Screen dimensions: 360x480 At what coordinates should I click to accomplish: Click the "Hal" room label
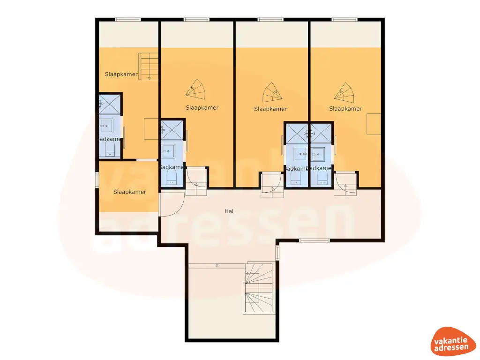[x=229, y=211]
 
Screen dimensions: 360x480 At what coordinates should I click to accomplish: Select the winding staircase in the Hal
[x=257, y=293]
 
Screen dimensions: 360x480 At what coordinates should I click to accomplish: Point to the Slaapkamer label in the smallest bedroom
[x=129, y=192]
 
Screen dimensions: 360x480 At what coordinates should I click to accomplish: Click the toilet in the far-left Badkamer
[x=110, y=150]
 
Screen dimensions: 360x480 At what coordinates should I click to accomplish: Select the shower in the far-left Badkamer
[x=109, y=105]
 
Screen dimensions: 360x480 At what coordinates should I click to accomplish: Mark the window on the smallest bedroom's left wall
[x=97, y=180]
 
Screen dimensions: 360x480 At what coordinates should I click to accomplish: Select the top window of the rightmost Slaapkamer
[x=345, y=19]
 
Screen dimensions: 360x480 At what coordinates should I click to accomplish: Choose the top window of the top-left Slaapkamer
[x=128, y=19]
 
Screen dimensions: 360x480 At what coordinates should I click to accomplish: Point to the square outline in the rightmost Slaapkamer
[x=374, y=124]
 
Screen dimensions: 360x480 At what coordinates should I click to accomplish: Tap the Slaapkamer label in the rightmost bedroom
[x=345, y=109]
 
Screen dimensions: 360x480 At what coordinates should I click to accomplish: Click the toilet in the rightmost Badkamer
[x=322, y=177]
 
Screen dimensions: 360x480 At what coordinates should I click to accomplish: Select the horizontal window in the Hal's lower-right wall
[x=314, y=241]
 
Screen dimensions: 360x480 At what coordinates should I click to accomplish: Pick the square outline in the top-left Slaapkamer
[x=151, y=129]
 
